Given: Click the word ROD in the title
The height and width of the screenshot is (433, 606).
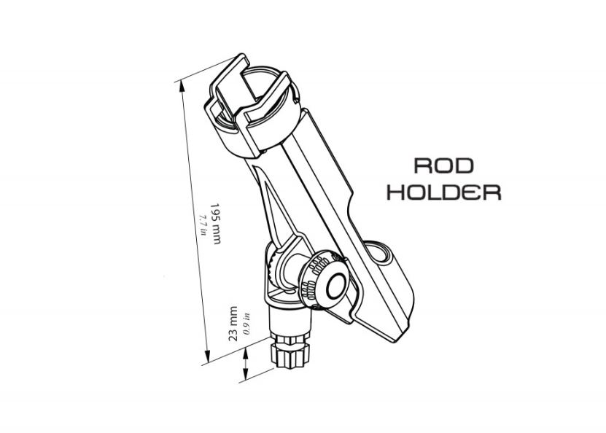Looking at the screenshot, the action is pyautogui.click(x=443, y=165).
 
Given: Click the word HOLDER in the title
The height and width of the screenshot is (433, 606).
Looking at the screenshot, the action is pyautogui.click(x=444, y=192).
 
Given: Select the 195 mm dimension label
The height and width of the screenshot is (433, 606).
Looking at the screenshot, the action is pyautogui.click(x=216, y=223).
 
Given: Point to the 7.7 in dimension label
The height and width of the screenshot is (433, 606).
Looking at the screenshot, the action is pyautogui.click(x=203, y=225).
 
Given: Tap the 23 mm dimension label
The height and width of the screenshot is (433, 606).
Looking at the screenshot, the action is pyautogui.click(x=233, y=324).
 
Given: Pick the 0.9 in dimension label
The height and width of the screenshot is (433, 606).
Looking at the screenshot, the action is pyautogui.click(x=247, y=324).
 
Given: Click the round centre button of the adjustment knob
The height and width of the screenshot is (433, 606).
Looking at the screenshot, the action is pyautogui.click(x=336, y=286).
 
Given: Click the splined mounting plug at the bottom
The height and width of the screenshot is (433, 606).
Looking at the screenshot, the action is pyautogui.click(x=290, y=352).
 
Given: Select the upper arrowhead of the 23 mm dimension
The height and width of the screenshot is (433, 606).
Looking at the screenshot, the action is pyautogui.click(x=245, y=353).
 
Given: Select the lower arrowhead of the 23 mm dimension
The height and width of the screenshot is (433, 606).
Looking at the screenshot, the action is pyautogui.click(x=245, y=373).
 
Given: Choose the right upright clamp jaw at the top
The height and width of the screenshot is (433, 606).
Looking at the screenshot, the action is pyautogui.click(x=268, y=112).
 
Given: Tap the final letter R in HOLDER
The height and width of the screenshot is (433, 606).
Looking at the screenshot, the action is pyautogui.click(x=492, y=192).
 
